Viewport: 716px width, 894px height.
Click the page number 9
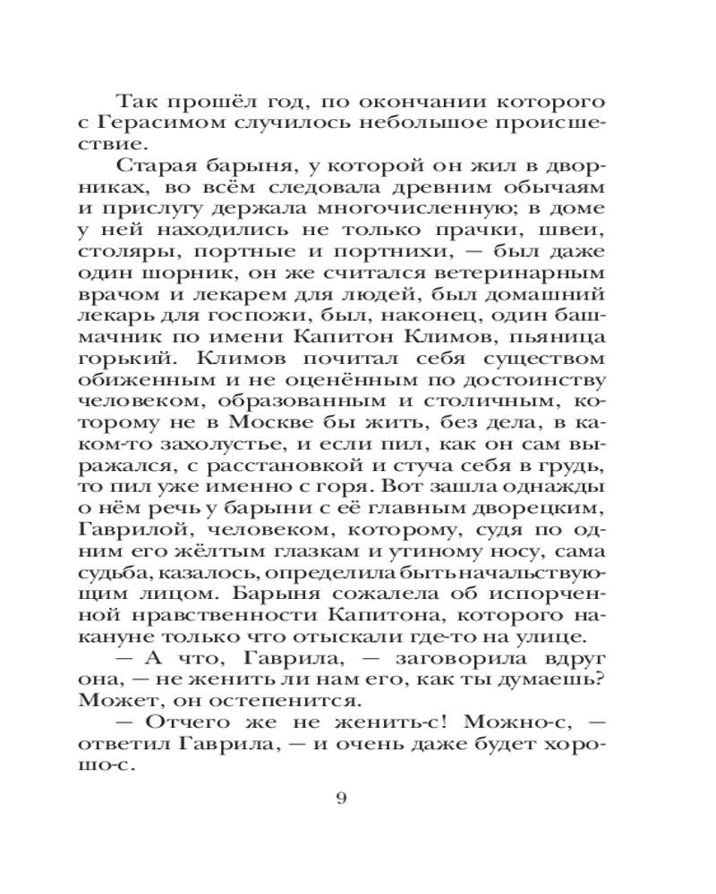point(340,798)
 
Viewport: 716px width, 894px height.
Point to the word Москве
point(298,423)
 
